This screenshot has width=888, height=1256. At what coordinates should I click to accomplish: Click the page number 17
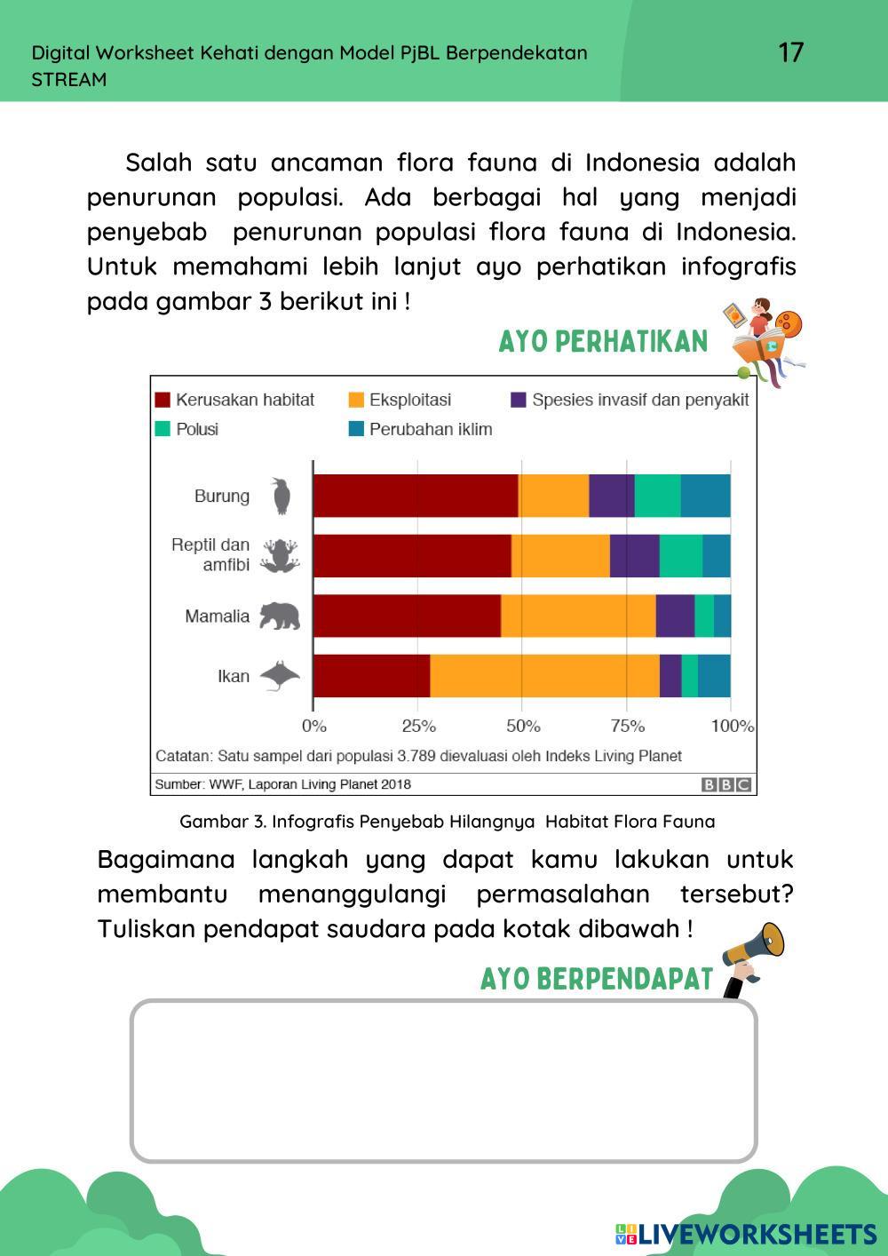pos(790,52)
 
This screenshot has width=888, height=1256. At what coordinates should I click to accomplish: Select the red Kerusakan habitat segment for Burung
pos(416,496)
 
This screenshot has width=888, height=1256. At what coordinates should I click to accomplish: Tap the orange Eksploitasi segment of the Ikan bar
pos(544,676)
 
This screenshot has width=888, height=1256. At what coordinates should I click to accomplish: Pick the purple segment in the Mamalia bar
pos(675,616)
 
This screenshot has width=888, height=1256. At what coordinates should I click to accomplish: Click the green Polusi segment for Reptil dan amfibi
pos(681,556)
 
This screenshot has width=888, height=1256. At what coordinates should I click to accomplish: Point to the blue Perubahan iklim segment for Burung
pos(706,496)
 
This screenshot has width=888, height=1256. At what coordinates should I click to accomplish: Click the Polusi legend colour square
pos(163,429)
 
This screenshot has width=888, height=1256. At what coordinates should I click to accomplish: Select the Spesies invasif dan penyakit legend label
pos(640,400)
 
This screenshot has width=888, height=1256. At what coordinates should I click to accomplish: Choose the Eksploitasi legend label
pos(409,400)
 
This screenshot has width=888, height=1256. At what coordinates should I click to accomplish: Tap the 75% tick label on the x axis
pos(627,726)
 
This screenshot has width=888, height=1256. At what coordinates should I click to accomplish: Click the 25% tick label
pos(418,726)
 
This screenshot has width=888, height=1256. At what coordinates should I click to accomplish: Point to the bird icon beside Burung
pos(281,496)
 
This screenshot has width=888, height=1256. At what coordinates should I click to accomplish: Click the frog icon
pos(281,555)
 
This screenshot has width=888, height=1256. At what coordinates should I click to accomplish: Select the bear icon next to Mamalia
pos(280,616)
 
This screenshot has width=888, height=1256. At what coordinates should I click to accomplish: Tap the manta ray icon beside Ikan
pos(281,676)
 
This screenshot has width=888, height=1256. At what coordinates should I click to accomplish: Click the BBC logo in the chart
pos(726,784)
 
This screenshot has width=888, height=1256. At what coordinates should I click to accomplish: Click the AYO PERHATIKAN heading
pos(603,342)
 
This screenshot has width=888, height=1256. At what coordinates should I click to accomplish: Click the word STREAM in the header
pos(69,79)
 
